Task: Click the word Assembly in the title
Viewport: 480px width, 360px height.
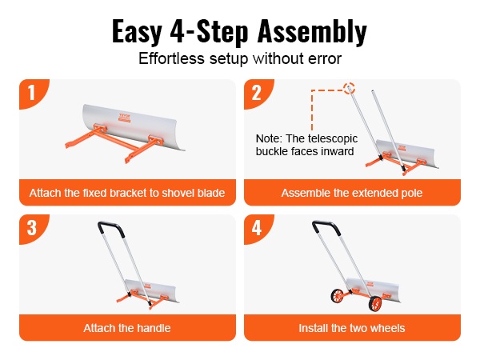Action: click(x=312, y=32)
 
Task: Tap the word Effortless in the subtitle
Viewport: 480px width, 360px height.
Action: click(x=171, y=58)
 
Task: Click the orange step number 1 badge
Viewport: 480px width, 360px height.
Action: click(x=33, y=93)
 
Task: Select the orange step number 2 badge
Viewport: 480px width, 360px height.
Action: click(x=258, y=93)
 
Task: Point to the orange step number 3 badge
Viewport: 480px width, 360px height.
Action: click(x=33, y=228)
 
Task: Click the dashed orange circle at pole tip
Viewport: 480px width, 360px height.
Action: click(x=349, y=88)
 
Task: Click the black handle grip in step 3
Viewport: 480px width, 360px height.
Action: click(x=111, y=228)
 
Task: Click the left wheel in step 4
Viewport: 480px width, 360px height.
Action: click(x=337, y=296)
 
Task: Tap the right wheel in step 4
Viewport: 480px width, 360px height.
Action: click(x=375, y=303)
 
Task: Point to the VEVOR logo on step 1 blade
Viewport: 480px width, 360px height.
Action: click(x=125, y=118)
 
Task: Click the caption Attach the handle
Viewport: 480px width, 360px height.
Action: click(x=127, y=328)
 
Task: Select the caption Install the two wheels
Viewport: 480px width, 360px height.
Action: click(x=352, y=328)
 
